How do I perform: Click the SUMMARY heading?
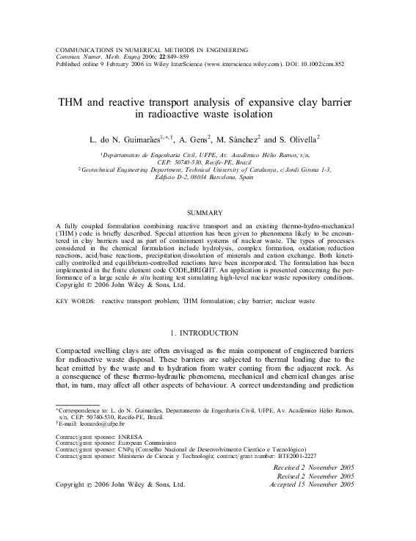pos(208,213)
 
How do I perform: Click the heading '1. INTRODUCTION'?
pos(208,333)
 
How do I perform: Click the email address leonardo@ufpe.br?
pos(93,424)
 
